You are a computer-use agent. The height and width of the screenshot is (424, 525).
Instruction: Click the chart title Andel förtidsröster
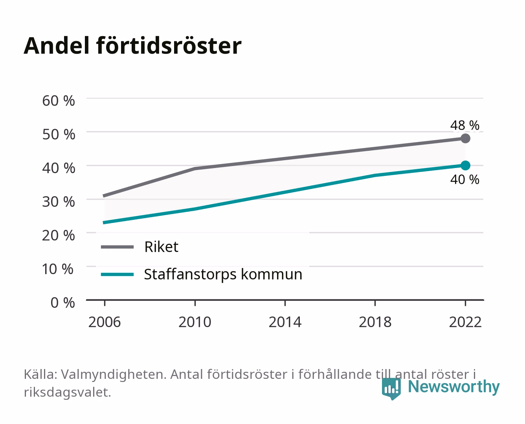pos(132,46)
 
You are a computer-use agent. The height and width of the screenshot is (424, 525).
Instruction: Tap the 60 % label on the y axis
pos(59,101)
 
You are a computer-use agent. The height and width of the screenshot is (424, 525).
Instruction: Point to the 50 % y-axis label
pos(59,134)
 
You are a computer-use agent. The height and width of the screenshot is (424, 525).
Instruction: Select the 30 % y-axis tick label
pos(59,202)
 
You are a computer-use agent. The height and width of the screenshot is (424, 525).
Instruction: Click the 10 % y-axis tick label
pos(58,269)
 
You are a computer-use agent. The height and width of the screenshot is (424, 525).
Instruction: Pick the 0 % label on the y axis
pos(62,303)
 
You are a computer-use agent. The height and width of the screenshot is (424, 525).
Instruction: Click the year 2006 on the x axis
pos(105,322)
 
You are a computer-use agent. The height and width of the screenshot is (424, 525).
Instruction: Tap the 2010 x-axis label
pos(195,322)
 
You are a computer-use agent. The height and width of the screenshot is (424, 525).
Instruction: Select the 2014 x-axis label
pos(285,322)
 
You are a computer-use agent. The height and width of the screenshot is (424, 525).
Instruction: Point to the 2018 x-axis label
pos(375,322)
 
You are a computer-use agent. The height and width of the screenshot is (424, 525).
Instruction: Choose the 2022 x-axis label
pos(465,322)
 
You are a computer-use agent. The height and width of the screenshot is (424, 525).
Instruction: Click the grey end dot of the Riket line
pos(465,138)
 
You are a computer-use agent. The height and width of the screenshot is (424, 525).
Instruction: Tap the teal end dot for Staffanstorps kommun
pos(465,165)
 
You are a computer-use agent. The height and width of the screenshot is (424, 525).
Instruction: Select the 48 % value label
pos(465,125)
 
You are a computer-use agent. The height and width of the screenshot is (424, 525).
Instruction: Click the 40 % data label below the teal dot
pos(465,179)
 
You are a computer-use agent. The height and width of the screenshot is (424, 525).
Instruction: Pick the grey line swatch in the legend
pos(117,247)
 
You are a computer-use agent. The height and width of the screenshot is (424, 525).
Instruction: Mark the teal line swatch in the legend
pos(117,274)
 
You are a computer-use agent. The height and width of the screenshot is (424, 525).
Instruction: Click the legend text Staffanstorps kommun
pos(223,274)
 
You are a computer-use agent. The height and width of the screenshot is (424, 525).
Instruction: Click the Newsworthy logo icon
pos(391,389)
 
